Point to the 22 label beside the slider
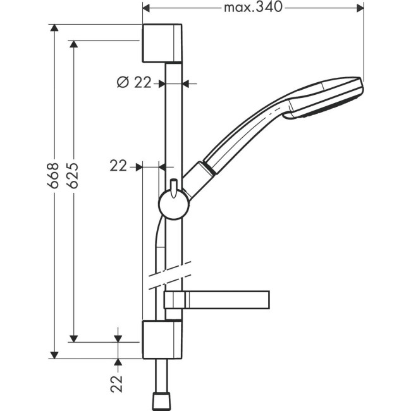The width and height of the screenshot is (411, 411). click(118, 166)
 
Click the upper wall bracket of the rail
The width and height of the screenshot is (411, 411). click(163, 44)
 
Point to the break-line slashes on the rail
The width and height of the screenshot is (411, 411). click(170, 273)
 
